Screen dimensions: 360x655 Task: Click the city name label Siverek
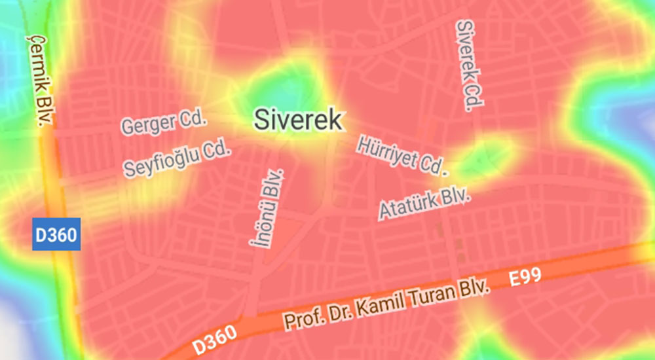[x=298, y=120]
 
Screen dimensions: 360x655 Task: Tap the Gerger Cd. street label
[x=164, y=123]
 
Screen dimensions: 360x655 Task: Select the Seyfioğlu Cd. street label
[x=178, y=159]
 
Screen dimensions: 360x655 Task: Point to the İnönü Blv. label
[x=267, y=207]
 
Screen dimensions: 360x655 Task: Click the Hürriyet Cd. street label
[x=401, y=155]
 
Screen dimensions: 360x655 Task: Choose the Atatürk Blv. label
[x=425, y=203]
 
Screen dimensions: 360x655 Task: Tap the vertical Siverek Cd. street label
[x=470, y=65]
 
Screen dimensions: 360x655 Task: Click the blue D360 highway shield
[x=56, y=234]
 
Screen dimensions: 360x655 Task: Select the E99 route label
[x=525, y=278]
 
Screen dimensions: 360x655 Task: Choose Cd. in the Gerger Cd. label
[x=194, y=118]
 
